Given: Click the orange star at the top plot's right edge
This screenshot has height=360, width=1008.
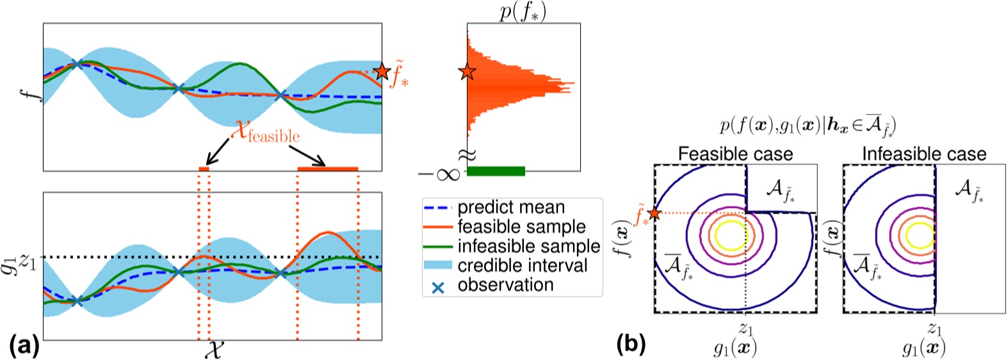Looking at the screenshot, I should (x=382, y=71).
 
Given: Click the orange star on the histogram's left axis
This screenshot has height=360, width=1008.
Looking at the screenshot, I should (x=467, y=72).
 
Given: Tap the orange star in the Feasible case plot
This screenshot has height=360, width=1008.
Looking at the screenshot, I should (x=654, y=213).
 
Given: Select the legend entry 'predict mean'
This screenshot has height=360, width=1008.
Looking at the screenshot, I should (x=511, y=208).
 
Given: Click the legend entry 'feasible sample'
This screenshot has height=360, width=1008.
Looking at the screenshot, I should (x=521, y=227).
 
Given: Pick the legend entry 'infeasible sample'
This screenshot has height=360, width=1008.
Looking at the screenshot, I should (x=528, y=246).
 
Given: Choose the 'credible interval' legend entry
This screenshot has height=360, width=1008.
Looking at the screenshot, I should (x=523, y=265).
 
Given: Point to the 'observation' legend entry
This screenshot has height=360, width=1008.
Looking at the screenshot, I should (x=505, y=285).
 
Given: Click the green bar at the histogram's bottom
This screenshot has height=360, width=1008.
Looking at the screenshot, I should (x=496, y=171).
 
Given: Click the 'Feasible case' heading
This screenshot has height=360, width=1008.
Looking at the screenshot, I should (x=735, y=154).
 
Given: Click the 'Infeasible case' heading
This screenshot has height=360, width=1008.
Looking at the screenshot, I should (x=923, y=154).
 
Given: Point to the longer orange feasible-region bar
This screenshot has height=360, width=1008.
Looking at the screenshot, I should (x=327, y=168).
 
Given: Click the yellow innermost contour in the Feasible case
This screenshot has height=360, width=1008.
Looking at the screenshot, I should (x=729, y=234).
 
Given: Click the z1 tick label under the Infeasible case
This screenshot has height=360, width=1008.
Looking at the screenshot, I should (x=935, y=329).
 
